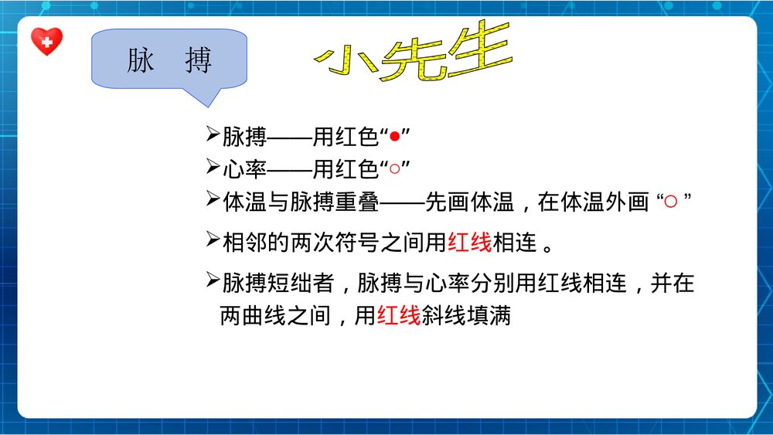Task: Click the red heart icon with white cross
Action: (46, 42)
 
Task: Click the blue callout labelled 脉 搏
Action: (169, 61)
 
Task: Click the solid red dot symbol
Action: (394, 138)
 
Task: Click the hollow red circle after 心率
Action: (394, 168)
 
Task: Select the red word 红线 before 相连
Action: (470, 243)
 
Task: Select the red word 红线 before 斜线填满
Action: (399, 316)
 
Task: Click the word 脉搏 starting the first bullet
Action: (244, 138)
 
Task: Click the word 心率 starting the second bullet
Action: (244, 168)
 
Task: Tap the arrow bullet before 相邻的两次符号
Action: (213, 241)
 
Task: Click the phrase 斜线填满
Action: (466, 316)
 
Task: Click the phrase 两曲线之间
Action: (275, 316)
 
